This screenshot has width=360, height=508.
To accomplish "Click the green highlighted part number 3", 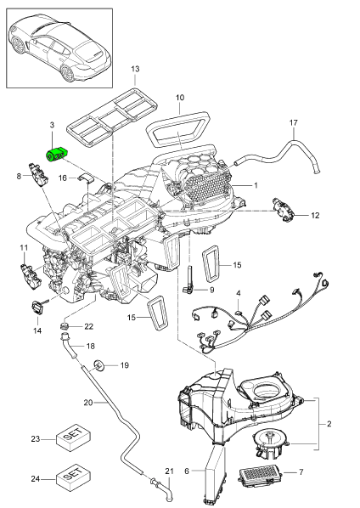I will [x=58, y=155].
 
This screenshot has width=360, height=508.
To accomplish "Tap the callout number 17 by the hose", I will [x=294, y=124].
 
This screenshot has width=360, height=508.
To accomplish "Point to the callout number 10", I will [x=179, y=99].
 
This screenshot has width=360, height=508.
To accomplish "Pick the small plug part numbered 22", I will [x=65, y=326].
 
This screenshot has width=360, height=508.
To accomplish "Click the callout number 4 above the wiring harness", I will [x=240, y=294].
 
